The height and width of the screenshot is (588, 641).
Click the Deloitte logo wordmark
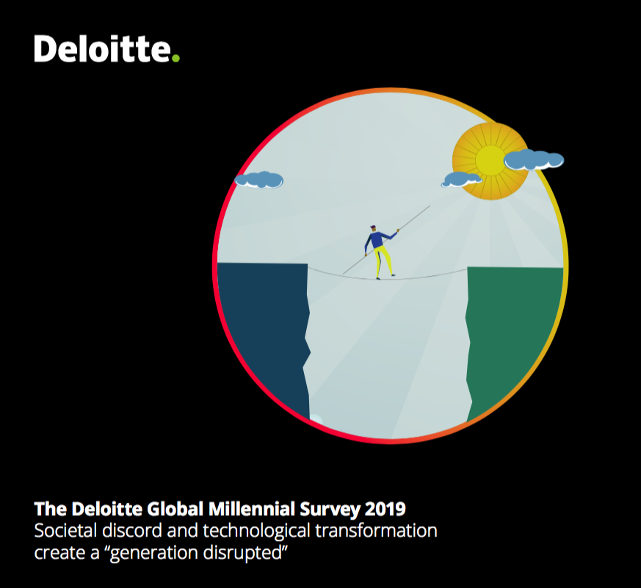coord(101,49)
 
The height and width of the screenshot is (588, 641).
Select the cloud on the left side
coord(259,179)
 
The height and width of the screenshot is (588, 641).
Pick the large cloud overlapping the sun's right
coord(534,159)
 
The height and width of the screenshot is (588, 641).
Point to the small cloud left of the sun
coord(462,178)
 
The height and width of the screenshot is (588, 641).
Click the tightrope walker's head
coord(373,228)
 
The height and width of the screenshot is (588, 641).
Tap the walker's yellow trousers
coord(382,260)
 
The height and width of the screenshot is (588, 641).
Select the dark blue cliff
coord(262,330)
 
